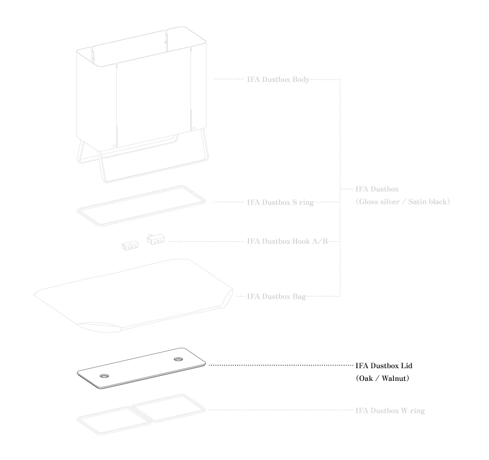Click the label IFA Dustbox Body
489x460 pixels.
[278, 80]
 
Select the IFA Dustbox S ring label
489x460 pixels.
[280, 202]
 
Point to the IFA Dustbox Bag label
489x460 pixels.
[276, 296]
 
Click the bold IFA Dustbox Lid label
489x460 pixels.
[384, 365]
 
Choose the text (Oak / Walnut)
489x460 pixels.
[383, 378]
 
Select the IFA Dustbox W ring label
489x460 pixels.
[390, 411]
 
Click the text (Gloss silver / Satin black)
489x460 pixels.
[403, 202]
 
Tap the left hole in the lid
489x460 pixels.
[105, 375]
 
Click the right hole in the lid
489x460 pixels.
[178, 359]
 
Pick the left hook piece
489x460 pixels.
[129, 246]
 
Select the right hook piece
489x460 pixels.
[155, 239]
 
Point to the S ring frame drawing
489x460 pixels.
[142, 205]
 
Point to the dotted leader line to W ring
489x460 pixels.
[281, 410]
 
